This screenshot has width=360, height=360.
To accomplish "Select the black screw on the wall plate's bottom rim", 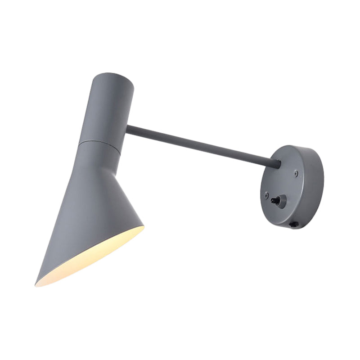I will pyautogui.click(x=295, y=224).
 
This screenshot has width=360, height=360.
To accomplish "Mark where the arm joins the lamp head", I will pyautogui.click(x=127, y=130).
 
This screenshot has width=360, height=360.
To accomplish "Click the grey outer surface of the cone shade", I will pyautogui.click(x=85, y=198).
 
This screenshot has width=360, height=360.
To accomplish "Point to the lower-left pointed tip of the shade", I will pyautogui.click(x=37, y=284).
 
